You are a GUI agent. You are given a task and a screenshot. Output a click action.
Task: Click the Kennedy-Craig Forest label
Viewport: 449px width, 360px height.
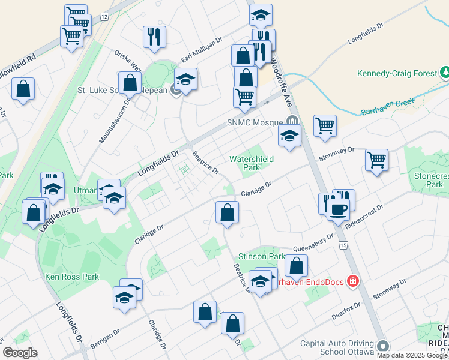pos(397,73)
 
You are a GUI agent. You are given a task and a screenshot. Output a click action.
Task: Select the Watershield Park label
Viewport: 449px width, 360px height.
pos(252,163)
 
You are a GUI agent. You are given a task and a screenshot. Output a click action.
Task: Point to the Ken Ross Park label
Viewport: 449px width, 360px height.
pos(71,277)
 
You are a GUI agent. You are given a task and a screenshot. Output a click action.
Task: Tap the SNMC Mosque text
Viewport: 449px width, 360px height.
pos(255,122)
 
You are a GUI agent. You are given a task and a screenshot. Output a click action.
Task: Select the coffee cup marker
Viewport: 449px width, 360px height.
pos(337,209)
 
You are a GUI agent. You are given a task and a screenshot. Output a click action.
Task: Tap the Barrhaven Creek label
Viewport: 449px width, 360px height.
pos(388,106)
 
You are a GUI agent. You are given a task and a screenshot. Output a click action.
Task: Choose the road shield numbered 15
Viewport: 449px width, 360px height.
pos(343,245)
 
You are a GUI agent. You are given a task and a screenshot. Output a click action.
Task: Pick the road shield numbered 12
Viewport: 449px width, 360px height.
pos(104,17)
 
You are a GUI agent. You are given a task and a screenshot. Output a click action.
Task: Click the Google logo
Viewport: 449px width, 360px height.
pos(20,353)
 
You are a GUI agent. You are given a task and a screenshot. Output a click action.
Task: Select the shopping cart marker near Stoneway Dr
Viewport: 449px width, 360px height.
pos(376,160)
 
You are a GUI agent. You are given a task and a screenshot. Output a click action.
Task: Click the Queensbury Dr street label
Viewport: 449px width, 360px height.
pos(313,244)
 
